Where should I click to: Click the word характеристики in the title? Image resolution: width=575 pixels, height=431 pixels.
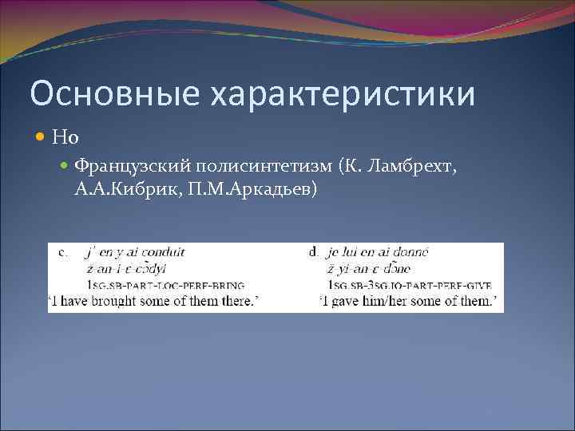pyautogui.click(x=343, y=94)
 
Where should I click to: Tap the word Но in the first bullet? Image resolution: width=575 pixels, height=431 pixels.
pyautogui.click(x=65, y=138)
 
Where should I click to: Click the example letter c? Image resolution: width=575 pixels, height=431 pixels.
pyautogui.click(x=63, y=252)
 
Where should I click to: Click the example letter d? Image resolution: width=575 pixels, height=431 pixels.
pyautogui.click(x=313, y=252)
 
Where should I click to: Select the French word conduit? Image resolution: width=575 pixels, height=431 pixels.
pyautogui.click(x=164, y=252)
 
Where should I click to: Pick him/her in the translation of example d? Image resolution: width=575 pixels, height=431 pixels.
pyautogui.click(x=395, y=301)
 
